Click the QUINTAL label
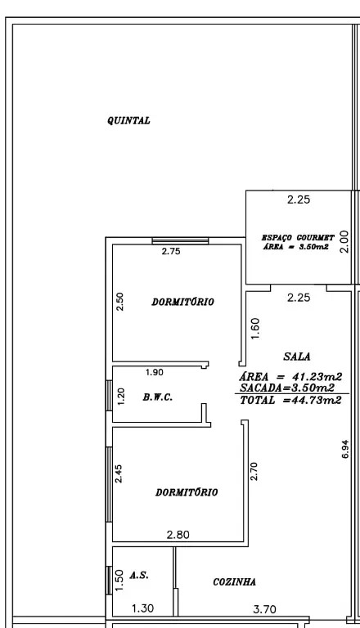pos(128,120)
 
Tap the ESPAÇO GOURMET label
pos(298,237)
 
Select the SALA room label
pos(297,357)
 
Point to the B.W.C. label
pos(158,397)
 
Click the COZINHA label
pos(235,582)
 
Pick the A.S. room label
pos(139,576)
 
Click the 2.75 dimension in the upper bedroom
pos(171,252)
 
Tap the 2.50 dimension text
pos(119,302)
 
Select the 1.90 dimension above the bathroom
pos(155,373)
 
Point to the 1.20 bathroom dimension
pos(121,397)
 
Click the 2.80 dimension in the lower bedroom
pos(178,535)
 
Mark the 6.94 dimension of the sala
pos(345,449)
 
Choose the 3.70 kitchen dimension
pos(264,609)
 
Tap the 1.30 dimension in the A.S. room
pos(142,608)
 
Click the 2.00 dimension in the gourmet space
pos(344,241)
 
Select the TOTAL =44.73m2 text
pos(291,400)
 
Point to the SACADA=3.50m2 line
pos(287,388)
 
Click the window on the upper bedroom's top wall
pos(180,240)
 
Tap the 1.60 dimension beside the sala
pos(255,329)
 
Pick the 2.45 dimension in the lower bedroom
pos(119,473)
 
